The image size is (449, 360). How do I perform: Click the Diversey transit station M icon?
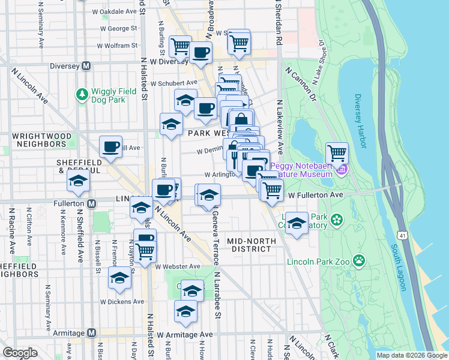86,66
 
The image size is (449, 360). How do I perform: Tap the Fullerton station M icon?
91,204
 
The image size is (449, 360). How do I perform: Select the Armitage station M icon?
91,332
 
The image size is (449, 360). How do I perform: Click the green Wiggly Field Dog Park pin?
81,94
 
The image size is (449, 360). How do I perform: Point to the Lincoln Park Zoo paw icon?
358,260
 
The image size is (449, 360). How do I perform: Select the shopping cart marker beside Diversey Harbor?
337,154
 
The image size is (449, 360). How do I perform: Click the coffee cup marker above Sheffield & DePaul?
111,147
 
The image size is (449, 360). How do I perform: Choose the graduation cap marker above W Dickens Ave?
119,278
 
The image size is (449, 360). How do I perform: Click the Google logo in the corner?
20,353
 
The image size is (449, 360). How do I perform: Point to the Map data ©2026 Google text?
412,355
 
